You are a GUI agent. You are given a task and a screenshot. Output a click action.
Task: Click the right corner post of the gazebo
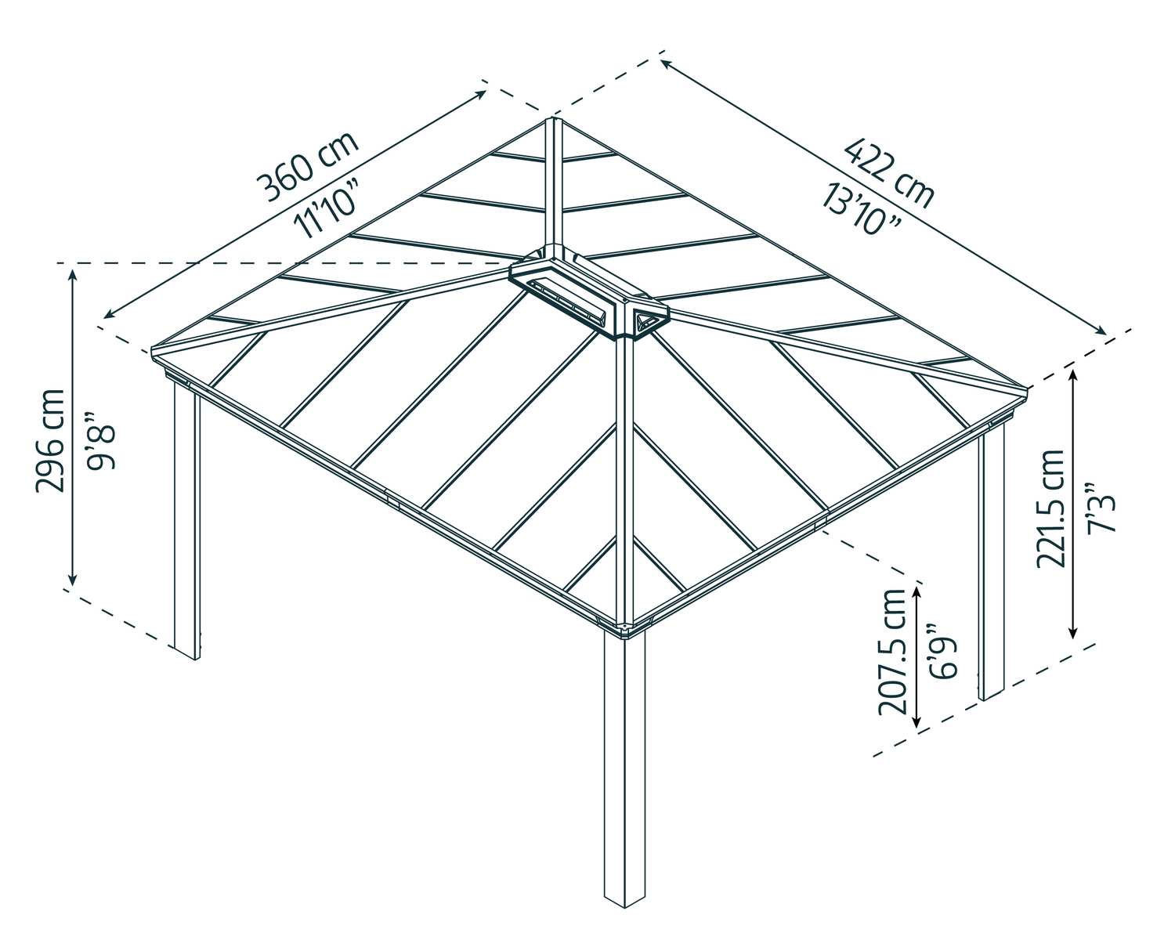(992, 564)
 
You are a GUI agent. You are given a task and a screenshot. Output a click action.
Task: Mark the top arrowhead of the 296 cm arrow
(73, 271)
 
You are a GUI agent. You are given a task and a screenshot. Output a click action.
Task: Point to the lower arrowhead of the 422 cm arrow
(1103, 331)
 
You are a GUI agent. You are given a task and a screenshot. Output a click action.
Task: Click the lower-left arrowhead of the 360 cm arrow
(107, 316)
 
